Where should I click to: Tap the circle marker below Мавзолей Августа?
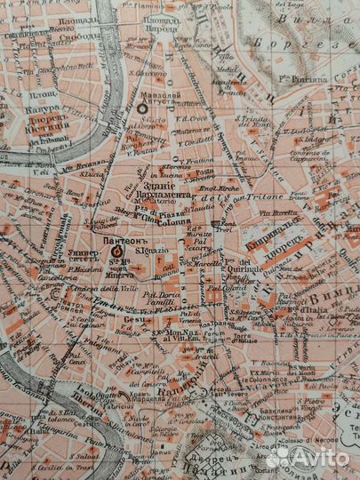coord(145,108)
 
